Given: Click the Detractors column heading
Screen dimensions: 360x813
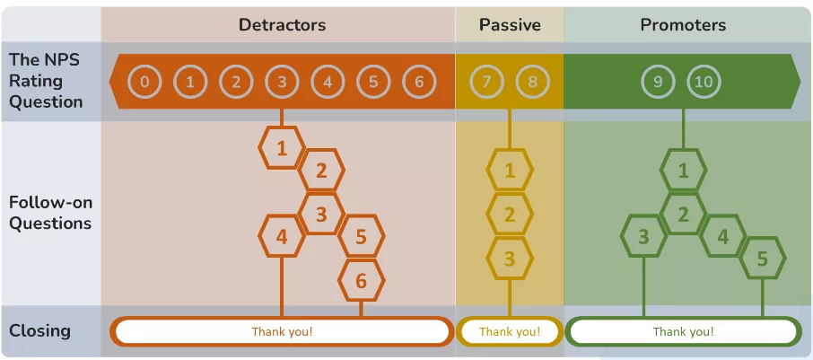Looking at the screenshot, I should click(x=282, y=25).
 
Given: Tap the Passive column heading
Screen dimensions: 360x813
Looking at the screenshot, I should click(x=510, y=25).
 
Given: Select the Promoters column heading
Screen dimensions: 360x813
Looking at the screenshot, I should click(x=683, y=25).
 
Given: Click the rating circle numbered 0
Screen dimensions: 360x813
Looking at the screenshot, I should click(x=144, y=83).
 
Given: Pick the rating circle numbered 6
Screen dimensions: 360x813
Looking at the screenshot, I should click(x=418, y=83).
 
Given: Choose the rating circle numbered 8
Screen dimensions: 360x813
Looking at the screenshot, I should click(x=532, y=83).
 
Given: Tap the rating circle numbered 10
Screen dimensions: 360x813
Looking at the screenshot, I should click(x=704, y=83).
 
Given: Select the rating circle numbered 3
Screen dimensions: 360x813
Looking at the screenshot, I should click(x=282, y=83).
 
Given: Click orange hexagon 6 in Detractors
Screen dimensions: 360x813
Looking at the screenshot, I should click(x=361, y=281).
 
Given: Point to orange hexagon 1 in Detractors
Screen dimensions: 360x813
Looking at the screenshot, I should click(x=282, y=148).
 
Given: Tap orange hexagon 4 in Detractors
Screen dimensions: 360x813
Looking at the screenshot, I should click(x=282, y=237).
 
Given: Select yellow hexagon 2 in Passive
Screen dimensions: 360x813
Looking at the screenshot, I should click(x=510, y=215).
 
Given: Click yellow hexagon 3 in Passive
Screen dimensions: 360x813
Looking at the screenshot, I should click(x=510, y=259).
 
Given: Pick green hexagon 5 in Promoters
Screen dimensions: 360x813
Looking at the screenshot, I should click(x=763, y=259).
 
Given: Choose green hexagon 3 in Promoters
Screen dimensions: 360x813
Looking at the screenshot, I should click(x=643, y=237).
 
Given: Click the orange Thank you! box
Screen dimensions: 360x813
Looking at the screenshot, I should click(x=282, y=331).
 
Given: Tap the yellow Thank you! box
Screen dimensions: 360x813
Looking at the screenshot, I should click(x=510, y=331).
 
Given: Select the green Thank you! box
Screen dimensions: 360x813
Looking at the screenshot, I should click(x=683, y=331).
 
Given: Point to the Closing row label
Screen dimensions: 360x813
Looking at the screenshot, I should click(x=39, y=330).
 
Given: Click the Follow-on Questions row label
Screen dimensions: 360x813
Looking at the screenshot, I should click(x=50, y=213).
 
